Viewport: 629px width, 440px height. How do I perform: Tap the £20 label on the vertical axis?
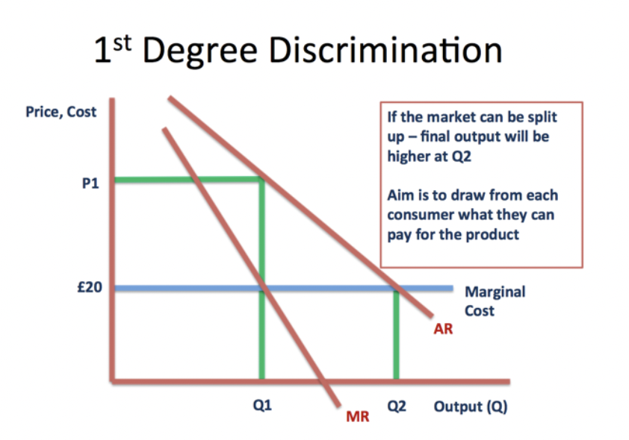(89, 287)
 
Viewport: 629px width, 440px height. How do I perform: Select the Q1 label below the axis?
(261, 407)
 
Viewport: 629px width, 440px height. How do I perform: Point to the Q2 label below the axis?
(397, 407)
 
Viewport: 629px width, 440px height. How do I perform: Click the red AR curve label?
(443, 328)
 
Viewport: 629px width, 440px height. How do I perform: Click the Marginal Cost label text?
(495, 301)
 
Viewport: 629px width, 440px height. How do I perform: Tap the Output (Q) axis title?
(471, 407)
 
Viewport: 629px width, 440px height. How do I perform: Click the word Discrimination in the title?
(384, 51)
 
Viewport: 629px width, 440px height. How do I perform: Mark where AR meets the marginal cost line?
(395, 287)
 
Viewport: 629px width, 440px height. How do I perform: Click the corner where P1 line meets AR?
(261, 179)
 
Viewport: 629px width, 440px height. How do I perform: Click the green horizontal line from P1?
(187, 179)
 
